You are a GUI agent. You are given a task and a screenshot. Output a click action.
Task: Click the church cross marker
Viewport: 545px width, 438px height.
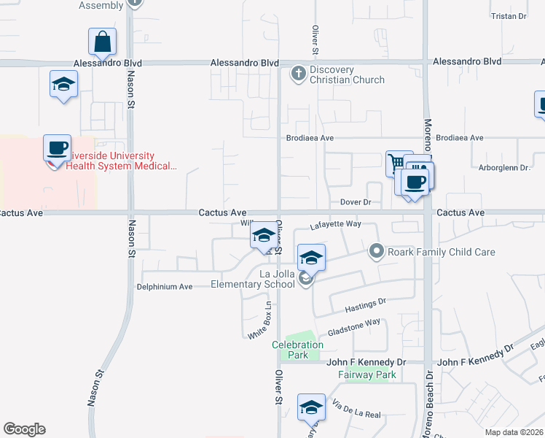click(298, 73)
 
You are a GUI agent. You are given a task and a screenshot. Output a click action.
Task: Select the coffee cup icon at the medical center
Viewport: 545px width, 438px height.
click(57, 148)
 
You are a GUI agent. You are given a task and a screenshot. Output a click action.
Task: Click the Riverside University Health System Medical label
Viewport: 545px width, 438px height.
click(121, 161)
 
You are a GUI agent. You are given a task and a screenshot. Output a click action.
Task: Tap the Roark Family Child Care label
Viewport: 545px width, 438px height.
click(442, 252)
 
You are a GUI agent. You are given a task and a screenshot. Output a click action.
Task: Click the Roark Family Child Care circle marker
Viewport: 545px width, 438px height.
click(376, 252)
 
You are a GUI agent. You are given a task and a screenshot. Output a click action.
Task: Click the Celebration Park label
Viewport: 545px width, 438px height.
click(297, 350)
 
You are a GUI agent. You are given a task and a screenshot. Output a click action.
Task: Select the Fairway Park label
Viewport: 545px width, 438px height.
click(366, 375)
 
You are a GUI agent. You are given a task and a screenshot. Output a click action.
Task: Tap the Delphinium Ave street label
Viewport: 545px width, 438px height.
click(164, 287)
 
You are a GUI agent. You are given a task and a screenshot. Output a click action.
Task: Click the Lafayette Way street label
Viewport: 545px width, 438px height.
click(336, 225)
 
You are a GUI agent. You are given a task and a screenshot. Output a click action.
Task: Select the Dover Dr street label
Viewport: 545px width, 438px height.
click(356, 201)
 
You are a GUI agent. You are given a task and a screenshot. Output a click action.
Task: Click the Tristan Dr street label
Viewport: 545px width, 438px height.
click(509, 16)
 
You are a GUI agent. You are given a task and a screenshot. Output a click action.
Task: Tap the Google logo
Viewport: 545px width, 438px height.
click(24, 429)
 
